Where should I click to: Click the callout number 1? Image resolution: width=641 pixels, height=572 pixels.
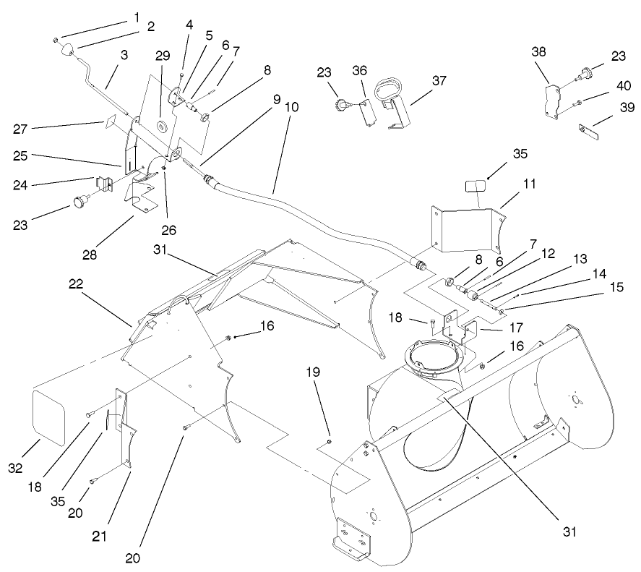pyautogui.click(x=136, y=16)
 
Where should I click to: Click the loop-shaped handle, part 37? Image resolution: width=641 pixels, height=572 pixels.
pyautogui.click(x=391, y=93)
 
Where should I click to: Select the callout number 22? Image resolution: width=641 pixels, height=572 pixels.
pyautogui.click(x=76, y=284)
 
